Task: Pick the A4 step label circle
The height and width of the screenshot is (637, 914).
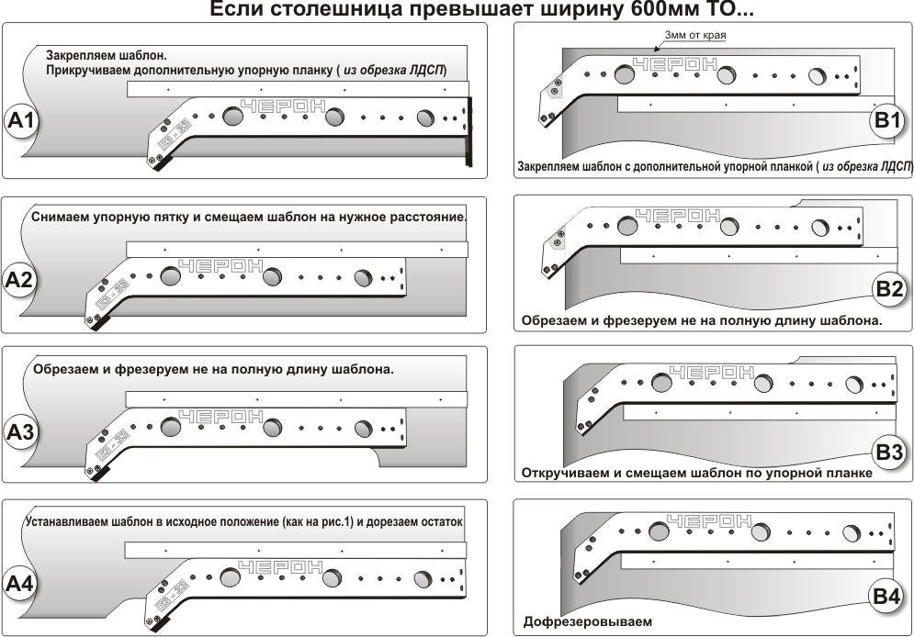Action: tap(20, 584)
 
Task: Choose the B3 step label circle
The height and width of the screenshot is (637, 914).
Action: tap(889, 452)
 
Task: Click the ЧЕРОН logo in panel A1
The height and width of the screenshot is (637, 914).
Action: tap(282, 106)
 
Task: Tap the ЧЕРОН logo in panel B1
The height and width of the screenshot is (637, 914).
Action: tap(675, 65)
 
